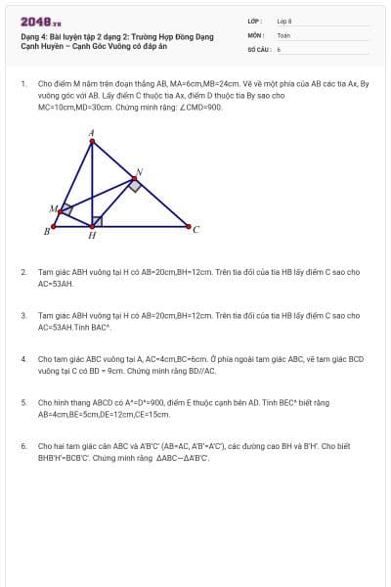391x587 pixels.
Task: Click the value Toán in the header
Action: tap(283, 34)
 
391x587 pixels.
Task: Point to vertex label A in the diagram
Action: tap(92, 131)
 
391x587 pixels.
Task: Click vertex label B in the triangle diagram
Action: tap(46, 231)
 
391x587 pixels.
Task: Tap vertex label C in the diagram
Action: tap(195, 230)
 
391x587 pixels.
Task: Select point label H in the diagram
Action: tap(92, 236)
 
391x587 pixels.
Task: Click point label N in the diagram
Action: tap(139, 172)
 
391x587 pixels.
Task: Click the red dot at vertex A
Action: tap(92, 142)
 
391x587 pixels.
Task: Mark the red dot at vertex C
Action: tap(186, 227)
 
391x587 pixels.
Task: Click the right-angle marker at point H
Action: tap(97, 221)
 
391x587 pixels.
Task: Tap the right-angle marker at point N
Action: tap(131, 185)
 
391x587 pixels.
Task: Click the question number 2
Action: tap(23, 271)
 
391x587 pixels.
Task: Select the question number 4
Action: tap(23, 359)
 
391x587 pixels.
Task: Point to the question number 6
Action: tap(23, 446)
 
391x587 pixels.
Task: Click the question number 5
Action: tap(23, 402)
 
